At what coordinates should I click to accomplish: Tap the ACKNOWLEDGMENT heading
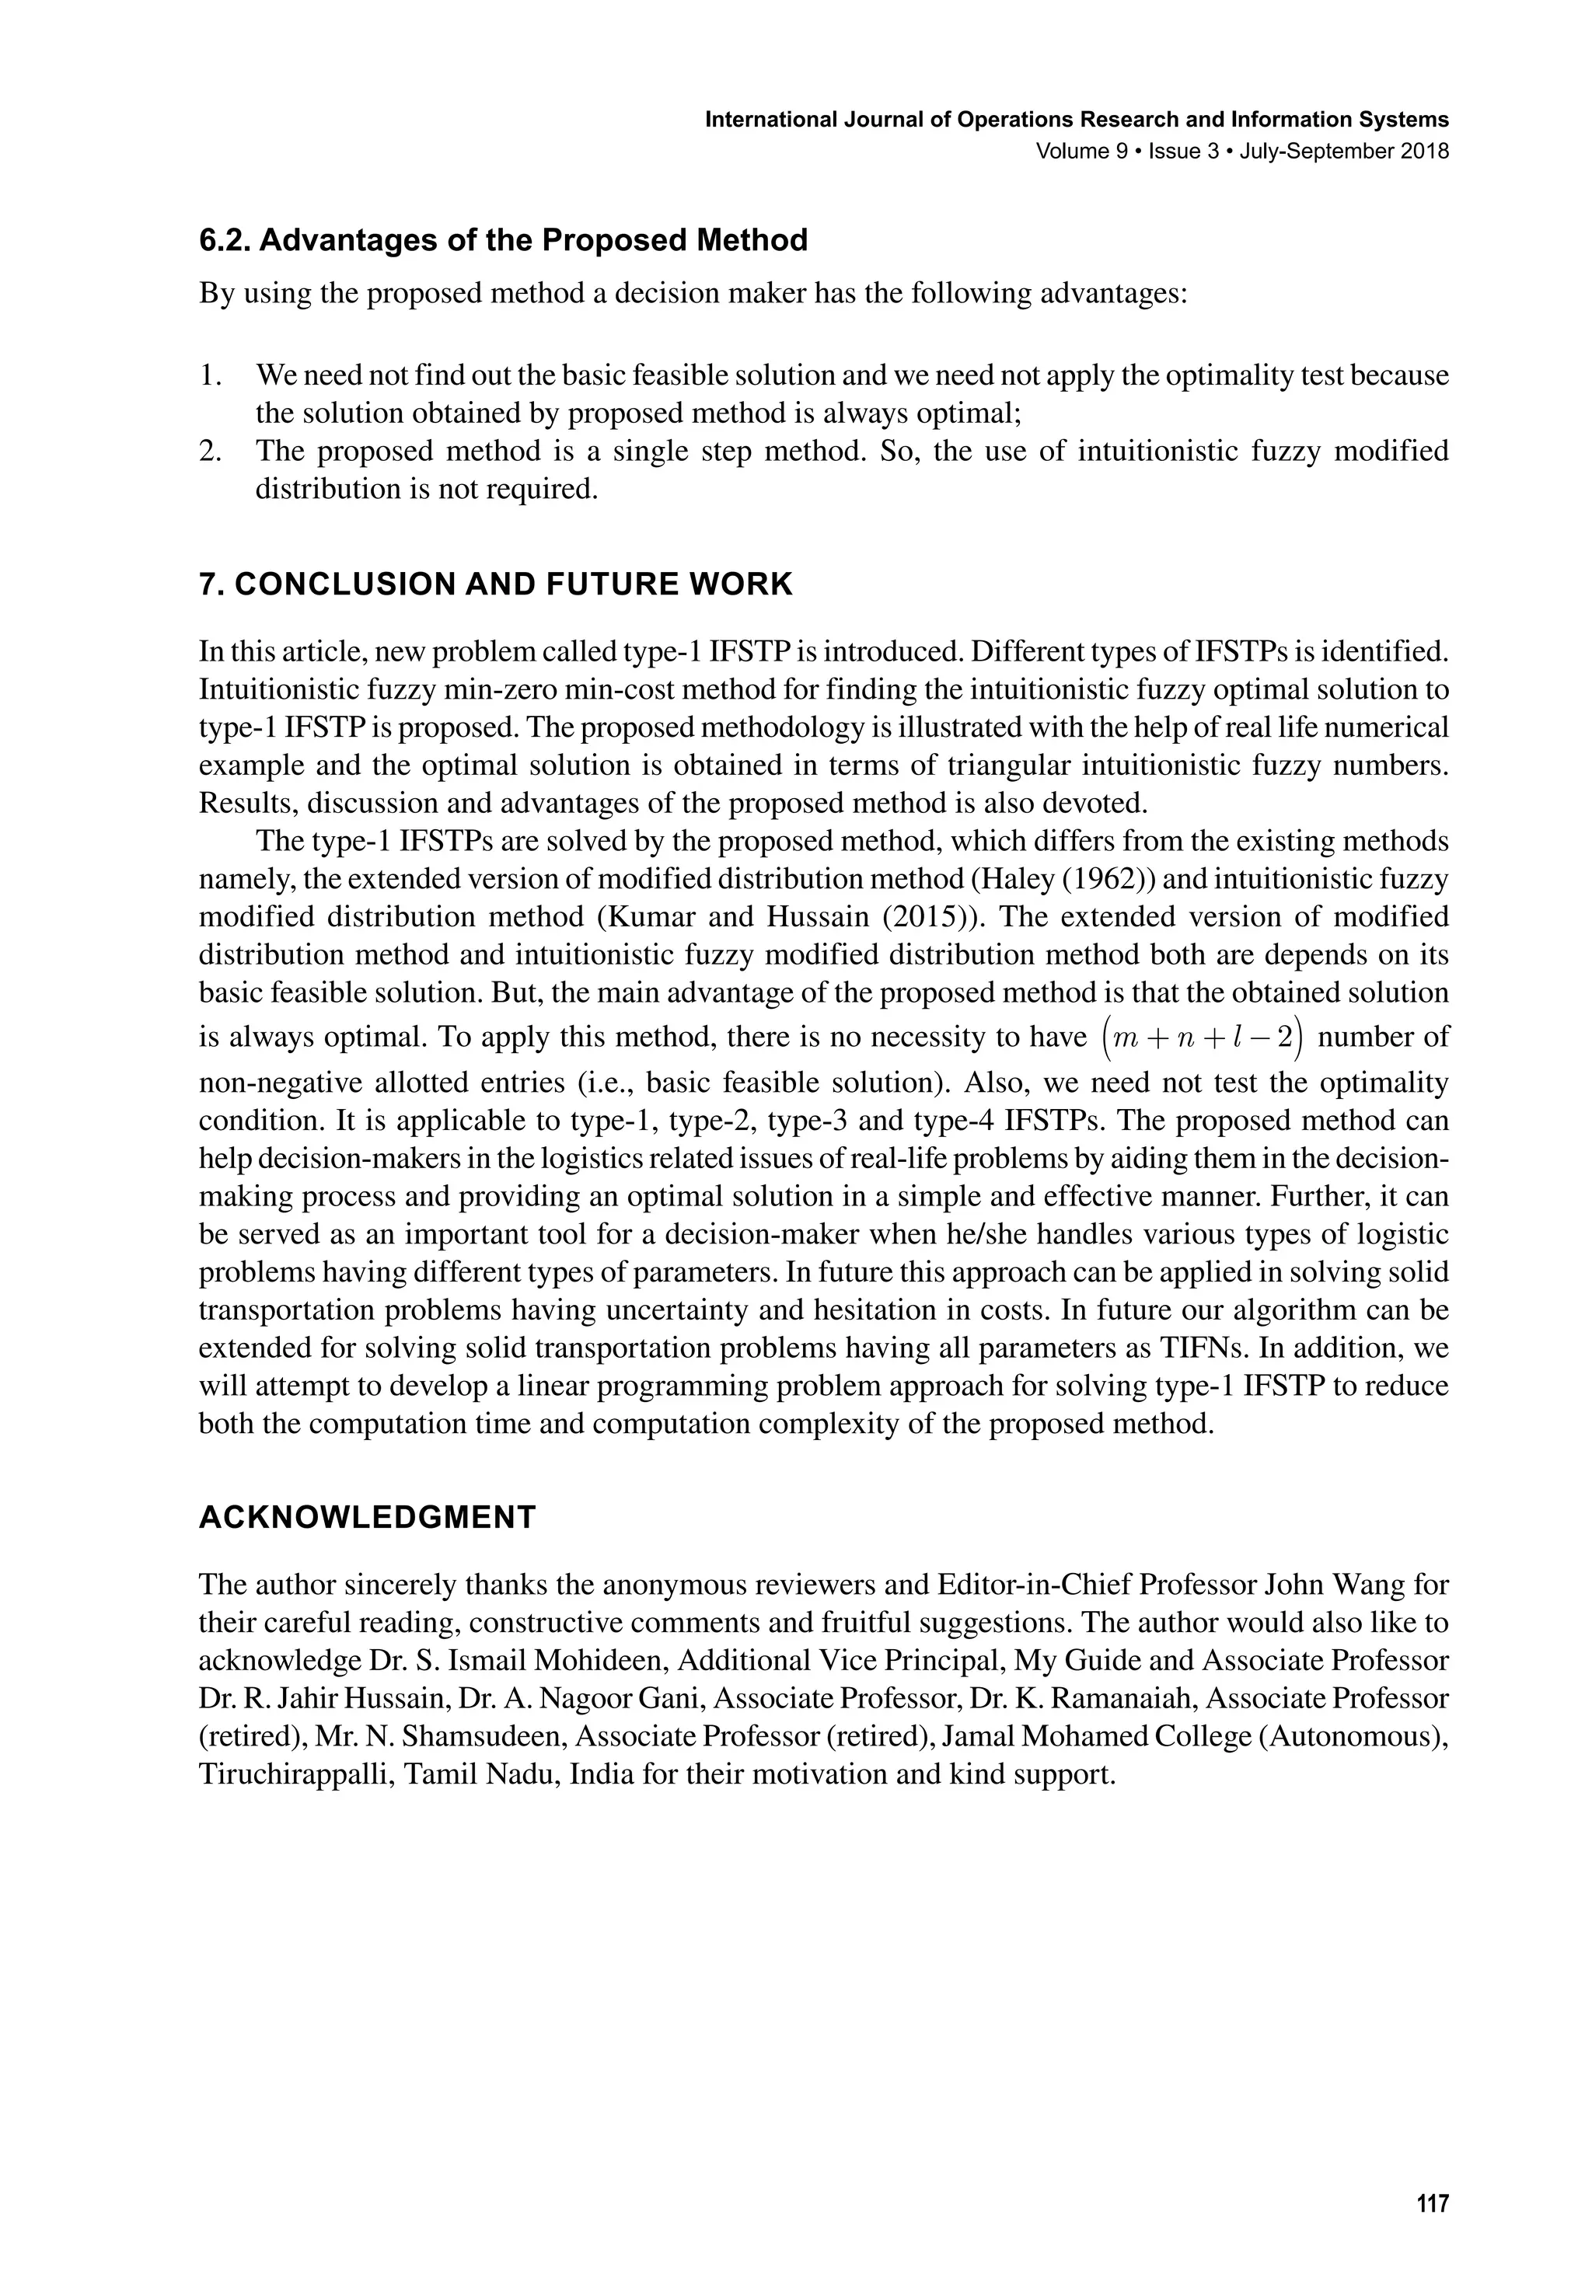pyautogui.click(x=367, y=1516)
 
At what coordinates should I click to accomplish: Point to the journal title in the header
pyautogui.click(x=1076, y=120)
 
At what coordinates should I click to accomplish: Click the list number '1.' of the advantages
pyautogui.click(x=209, y=375)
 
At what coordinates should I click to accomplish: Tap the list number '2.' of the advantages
pyautogui.click(x=209, y=451)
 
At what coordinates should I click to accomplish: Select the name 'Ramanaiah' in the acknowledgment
pyautogui.click(x=1113, y=1699)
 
